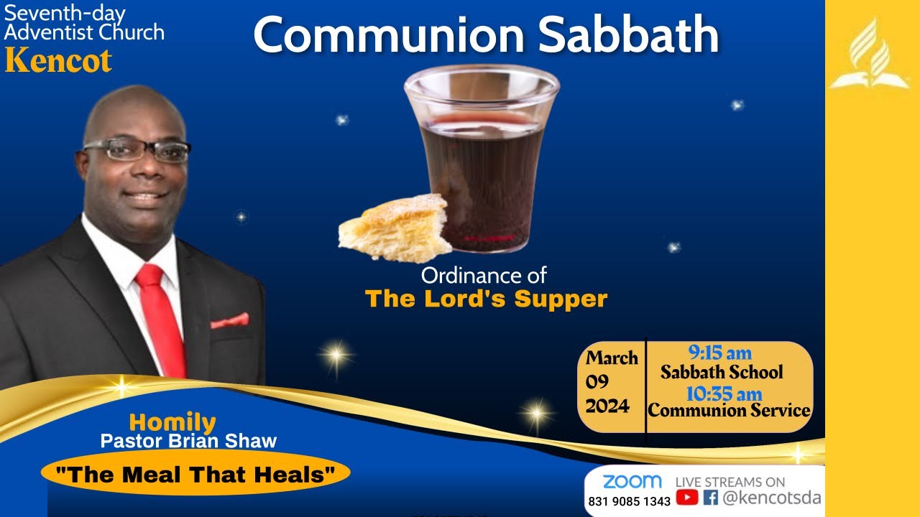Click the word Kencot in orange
(58, 60)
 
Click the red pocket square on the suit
(229, 321)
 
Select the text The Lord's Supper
(486, 299)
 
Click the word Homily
(172, 423)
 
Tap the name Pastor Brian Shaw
(188, 440)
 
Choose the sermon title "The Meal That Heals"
(196, 474)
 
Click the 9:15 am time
(719, 353)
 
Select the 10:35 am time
(723, 394)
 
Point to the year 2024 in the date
(607, 406)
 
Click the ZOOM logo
(632, 481)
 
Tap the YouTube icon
(687, 497)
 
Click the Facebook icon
(711, 497)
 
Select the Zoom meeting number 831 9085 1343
(629, 501)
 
